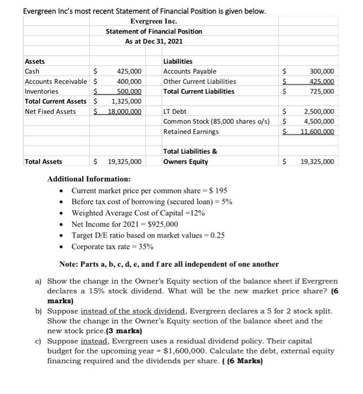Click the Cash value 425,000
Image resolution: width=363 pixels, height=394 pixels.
129,71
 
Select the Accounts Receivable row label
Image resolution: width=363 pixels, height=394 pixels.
56,82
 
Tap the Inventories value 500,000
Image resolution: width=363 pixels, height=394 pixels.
129,91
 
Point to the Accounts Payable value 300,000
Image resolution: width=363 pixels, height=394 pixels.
322,71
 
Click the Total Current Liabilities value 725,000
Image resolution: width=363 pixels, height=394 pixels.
322,91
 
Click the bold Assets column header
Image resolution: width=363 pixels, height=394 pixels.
35,61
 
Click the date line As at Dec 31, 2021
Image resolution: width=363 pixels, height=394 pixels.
154,42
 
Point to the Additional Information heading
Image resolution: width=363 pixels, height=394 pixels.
88,178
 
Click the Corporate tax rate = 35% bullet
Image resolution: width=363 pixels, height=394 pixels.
112,247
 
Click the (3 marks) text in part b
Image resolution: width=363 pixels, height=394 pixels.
124,331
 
